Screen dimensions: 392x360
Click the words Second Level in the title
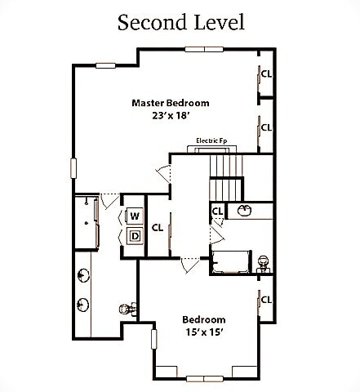pyautogui.click(x=180, y=22)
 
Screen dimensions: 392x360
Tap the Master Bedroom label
pyautogui.click(x=171, y=103)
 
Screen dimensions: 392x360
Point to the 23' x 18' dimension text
pyautogui.click(x=171, y=116)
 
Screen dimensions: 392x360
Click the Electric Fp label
pyautogui.click(x=211, y=140)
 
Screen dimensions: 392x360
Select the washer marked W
pyautogui.click(x=134, y=216)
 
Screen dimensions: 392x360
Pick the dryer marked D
pyautogui.click(x=134, y=237)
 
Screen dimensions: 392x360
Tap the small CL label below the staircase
pyautogui.click(x=217, y=211)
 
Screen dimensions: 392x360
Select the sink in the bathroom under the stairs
pyautogui.click(x=244, y=211)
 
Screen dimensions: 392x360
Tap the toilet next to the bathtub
pyautogui.click(x=263, y=262)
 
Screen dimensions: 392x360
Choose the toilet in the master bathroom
pyautogui.click(x=125, y=309)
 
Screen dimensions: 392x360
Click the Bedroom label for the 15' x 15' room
pyautogui.click(x=203, y=319)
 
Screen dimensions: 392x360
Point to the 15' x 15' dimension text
pyautogui.click(x=203, y=332)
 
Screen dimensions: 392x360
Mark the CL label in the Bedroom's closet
pyautogui.click(x=266, y=300)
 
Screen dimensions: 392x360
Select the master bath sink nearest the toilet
pyautogui.click(x=83, y=305)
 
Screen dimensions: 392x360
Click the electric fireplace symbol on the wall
pyautogui.click(x=215, y=148)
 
